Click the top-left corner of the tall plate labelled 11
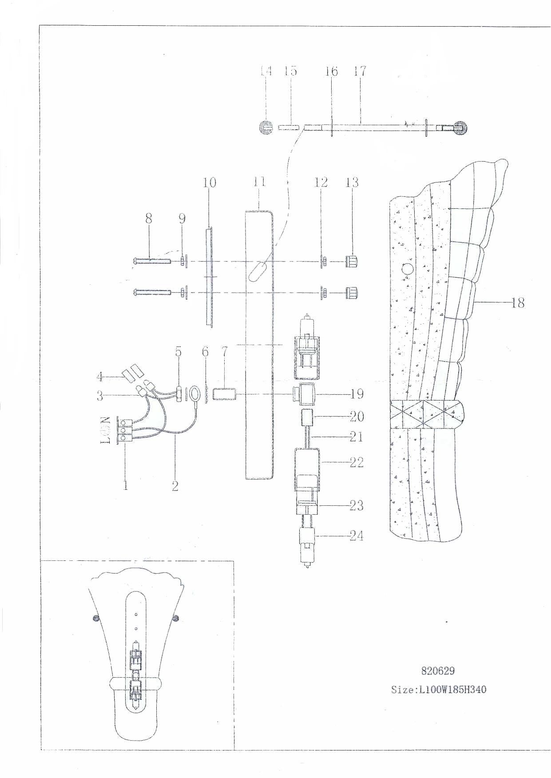(246, 211)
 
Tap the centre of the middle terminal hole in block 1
(123, 430)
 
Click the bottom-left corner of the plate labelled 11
(246, 479)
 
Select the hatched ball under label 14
(266, 127)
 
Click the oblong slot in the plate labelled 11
(258, 272)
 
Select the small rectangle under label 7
(224, 394)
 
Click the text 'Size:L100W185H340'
(439, 690)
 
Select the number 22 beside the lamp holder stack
(357, 462)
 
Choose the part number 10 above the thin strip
(210, 182)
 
